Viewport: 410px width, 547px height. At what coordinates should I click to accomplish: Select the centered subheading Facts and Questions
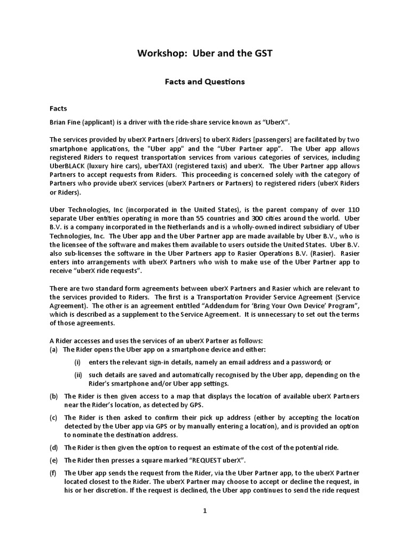[204, 82]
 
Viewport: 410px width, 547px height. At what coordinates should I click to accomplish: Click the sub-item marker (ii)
[78, 374]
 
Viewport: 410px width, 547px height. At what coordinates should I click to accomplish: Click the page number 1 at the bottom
[204, 511]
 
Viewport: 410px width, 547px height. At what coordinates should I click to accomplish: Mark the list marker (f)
[53, 472]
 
